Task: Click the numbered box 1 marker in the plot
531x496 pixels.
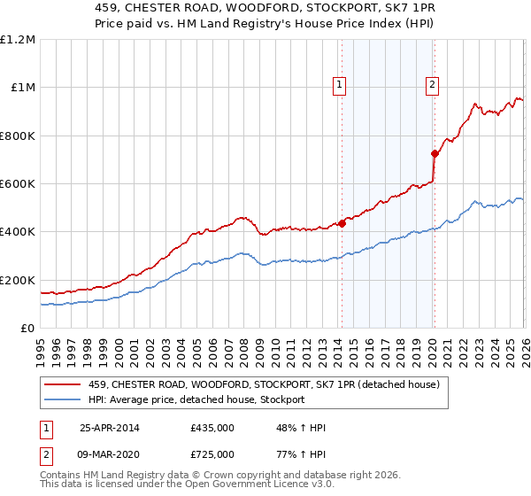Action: coord(340,85)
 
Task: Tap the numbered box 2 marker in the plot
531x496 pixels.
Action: coord(432,85)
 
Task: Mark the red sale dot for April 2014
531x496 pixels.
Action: coord(342,223)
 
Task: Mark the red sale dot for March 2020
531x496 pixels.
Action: coord(435,153)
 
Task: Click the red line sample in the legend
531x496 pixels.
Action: coord(63,384)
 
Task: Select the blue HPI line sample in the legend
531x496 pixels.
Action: coord(63,399)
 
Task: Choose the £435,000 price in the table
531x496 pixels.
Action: coord(212,428)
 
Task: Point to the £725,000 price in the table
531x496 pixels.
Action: coord(212,454)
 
